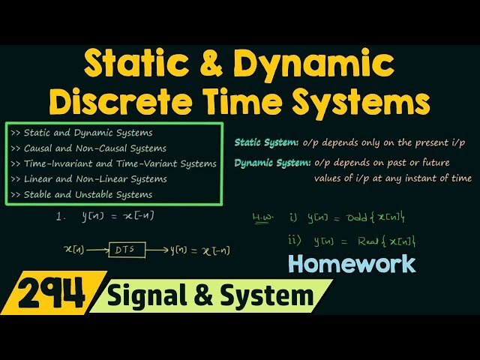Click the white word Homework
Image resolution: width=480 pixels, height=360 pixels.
coord(352,263)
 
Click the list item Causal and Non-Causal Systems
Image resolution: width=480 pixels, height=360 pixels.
coord(91,148)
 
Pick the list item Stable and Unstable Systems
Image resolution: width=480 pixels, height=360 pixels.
coord(84,194)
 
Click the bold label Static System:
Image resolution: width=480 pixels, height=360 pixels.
coord(267,142)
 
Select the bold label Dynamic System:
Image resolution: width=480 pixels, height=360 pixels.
coord(272,163)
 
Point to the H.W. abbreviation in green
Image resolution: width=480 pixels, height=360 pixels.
coord(262,218)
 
